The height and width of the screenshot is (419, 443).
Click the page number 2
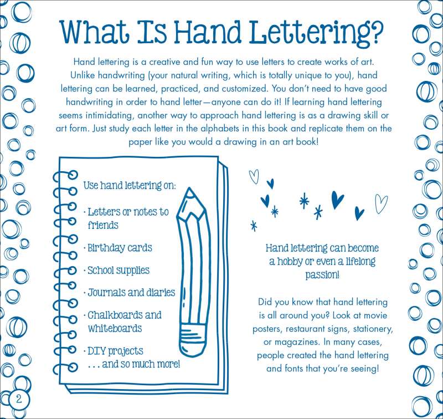pos(19,399)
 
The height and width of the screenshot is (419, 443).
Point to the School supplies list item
pos(117,270)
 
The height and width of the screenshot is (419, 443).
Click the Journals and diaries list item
pos(130,292)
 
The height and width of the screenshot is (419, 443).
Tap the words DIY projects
pos(114,351)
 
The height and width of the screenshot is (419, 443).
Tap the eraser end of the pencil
pos(194,340)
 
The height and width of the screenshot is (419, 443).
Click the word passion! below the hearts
pos(322,274)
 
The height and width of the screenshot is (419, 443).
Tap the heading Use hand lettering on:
pos(130,186)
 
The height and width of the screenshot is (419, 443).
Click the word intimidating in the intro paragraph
pos(109,115)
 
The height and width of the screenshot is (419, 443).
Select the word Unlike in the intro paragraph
pos(83,75)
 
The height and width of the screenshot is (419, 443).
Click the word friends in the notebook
pos(103,226)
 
